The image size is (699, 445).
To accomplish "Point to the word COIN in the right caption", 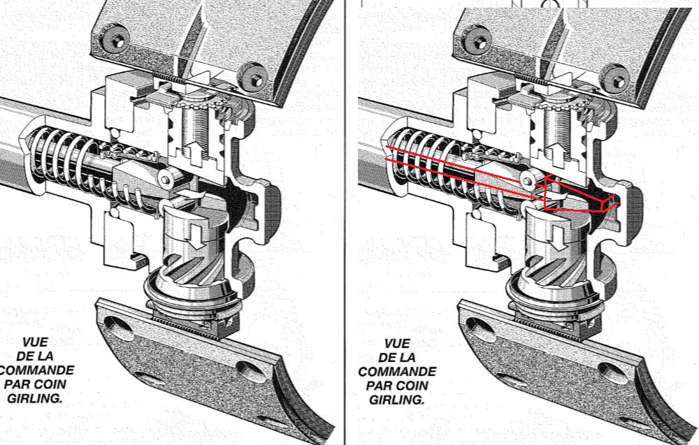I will tap(418, 386).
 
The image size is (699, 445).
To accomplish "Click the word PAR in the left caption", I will tap(20, 384).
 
